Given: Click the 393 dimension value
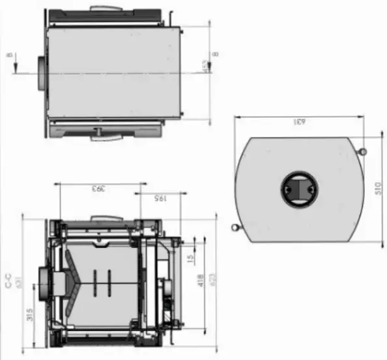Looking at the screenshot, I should click(97, 189).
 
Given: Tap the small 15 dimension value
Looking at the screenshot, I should click(190, 259).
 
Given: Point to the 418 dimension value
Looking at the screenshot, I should click(201, 280).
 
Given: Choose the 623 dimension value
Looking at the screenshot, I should click(212, 281).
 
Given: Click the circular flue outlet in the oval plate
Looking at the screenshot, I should click(299, 189).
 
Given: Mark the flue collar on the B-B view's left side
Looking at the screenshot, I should click(41, 73).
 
